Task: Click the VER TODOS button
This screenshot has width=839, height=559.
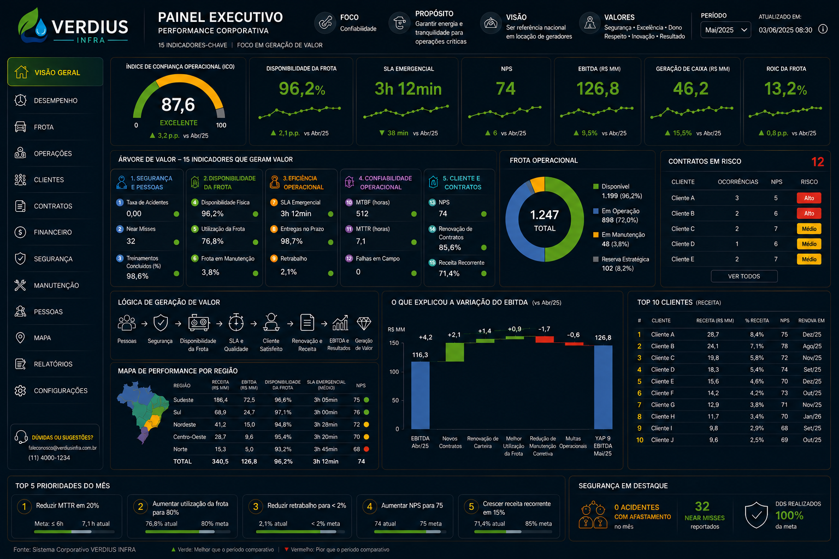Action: (x=744, y=276)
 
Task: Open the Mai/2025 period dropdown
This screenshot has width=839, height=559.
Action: (x=725, y=30)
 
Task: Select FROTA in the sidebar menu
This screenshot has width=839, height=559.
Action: (x=44, y=127)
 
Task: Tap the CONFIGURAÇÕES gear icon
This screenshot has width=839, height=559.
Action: (x=20, y=390)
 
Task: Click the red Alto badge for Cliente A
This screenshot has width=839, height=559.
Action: (x=808, y=198)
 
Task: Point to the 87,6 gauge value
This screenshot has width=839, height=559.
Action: (x=178, y=105)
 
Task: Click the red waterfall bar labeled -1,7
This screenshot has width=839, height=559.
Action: (x=544, y=339)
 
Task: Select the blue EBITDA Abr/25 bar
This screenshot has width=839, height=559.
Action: (x=420, y=395)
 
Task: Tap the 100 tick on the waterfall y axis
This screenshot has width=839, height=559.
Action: (x=394, y=372)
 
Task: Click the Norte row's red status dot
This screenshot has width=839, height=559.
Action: (x=367, y=449)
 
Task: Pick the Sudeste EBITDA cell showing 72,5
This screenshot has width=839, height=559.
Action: (x=249, y=400)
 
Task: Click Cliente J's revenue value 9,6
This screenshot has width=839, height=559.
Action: (x=713, y=440)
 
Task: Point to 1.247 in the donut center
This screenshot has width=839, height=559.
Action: (x=544, y=215)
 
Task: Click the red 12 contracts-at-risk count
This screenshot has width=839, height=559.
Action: (x=818, y=162)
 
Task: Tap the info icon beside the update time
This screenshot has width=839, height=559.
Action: (x=823, y=29)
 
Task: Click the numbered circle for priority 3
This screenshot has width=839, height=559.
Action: (x=256, y=507)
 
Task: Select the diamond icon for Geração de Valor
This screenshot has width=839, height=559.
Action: (x=364, y=324)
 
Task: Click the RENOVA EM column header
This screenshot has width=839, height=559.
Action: (x=811, y=320)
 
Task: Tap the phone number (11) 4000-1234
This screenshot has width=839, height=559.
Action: (x=49, y=458)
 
